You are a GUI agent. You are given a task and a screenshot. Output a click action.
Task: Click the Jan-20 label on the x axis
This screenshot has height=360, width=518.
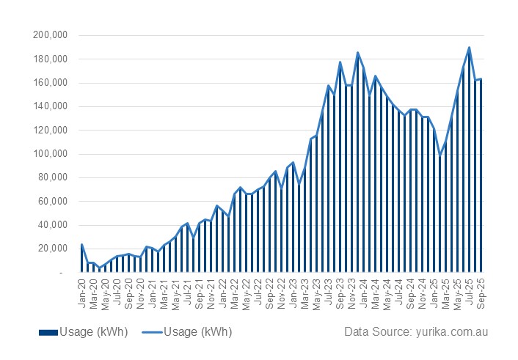pos(81,286)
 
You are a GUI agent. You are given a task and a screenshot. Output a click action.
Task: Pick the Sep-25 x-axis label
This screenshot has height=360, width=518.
pos(481,286)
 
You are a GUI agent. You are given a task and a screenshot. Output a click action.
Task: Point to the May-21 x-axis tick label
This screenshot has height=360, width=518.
pos(175,286)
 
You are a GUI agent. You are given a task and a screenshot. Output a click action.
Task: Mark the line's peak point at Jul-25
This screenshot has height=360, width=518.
pos(470,48)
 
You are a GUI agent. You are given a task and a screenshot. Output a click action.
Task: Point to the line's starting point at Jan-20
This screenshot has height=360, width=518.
pos(81,244)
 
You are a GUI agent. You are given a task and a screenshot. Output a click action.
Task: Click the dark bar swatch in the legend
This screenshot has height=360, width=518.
pos(47,332)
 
